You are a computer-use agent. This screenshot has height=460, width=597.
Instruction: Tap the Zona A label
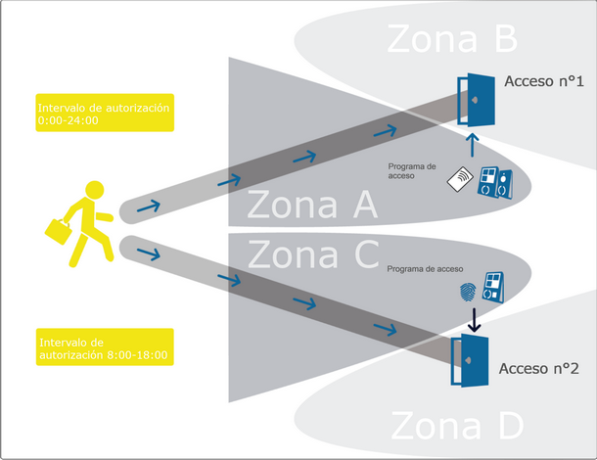(x=311, y=207)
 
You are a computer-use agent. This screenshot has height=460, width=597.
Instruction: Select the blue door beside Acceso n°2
(x=469, y=361)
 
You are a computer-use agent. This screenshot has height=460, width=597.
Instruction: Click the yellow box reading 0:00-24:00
(x=104, y=114)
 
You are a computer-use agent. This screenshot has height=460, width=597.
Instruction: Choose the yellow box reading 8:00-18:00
(x=104, y=348)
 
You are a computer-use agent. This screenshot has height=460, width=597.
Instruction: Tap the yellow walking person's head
(x=93, y=188)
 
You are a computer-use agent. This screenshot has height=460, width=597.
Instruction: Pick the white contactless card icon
(x=461, y=179)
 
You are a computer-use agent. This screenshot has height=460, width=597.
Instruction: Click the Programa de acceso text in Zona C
(x=425, y=268)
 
